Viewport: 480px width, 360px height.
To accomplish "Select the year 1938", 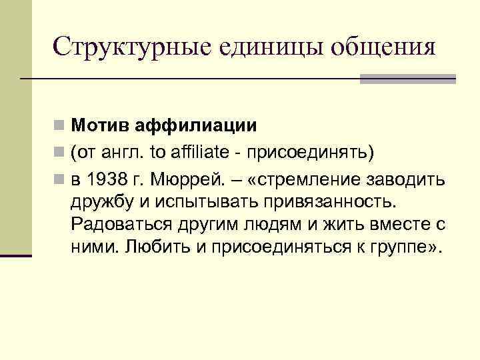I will [103, 179].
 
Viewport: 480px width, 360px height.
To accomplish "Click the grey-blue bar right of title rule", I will [407, 79].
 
